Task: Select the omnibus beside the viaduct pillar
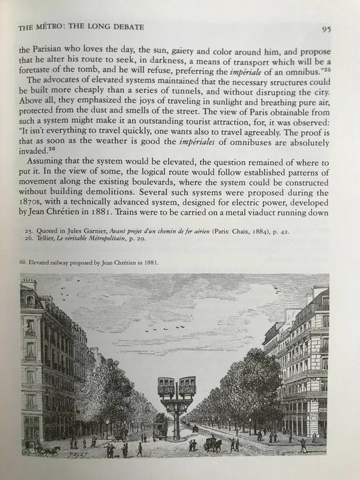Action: point(161,428)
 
